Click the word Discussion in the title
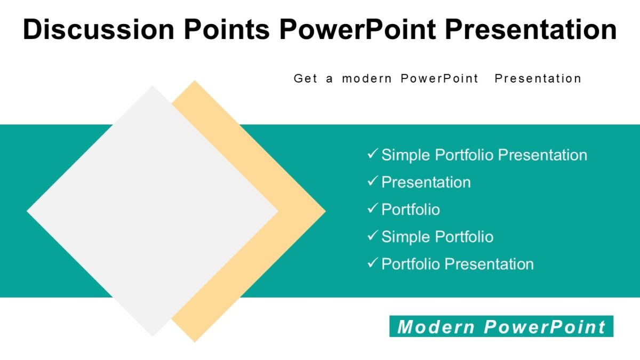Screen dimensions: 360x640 (x=99, y=30)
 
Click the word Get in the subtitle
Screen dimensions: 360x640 (x=306, y=78)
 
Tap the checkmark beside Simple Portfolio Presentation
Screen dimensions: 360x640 (x=372, y=154)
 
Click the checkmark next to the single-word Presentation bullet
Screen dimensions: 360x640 (x=372, y=181)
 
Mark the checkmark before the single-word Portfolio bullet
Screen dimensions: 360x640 (x=372, y=209)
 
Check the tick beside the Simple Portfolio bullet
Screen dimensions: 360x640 (x=372, y=236)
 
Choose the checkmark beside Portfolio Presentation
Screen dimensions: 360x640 (x=372, y=263)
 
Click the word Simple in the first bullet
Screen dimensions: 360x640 (x=406, y=155)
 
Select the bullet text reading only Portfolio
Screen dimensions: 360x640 (x=411, y=210)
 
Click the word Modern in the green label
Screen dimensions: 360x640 (x=436, y=326)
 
